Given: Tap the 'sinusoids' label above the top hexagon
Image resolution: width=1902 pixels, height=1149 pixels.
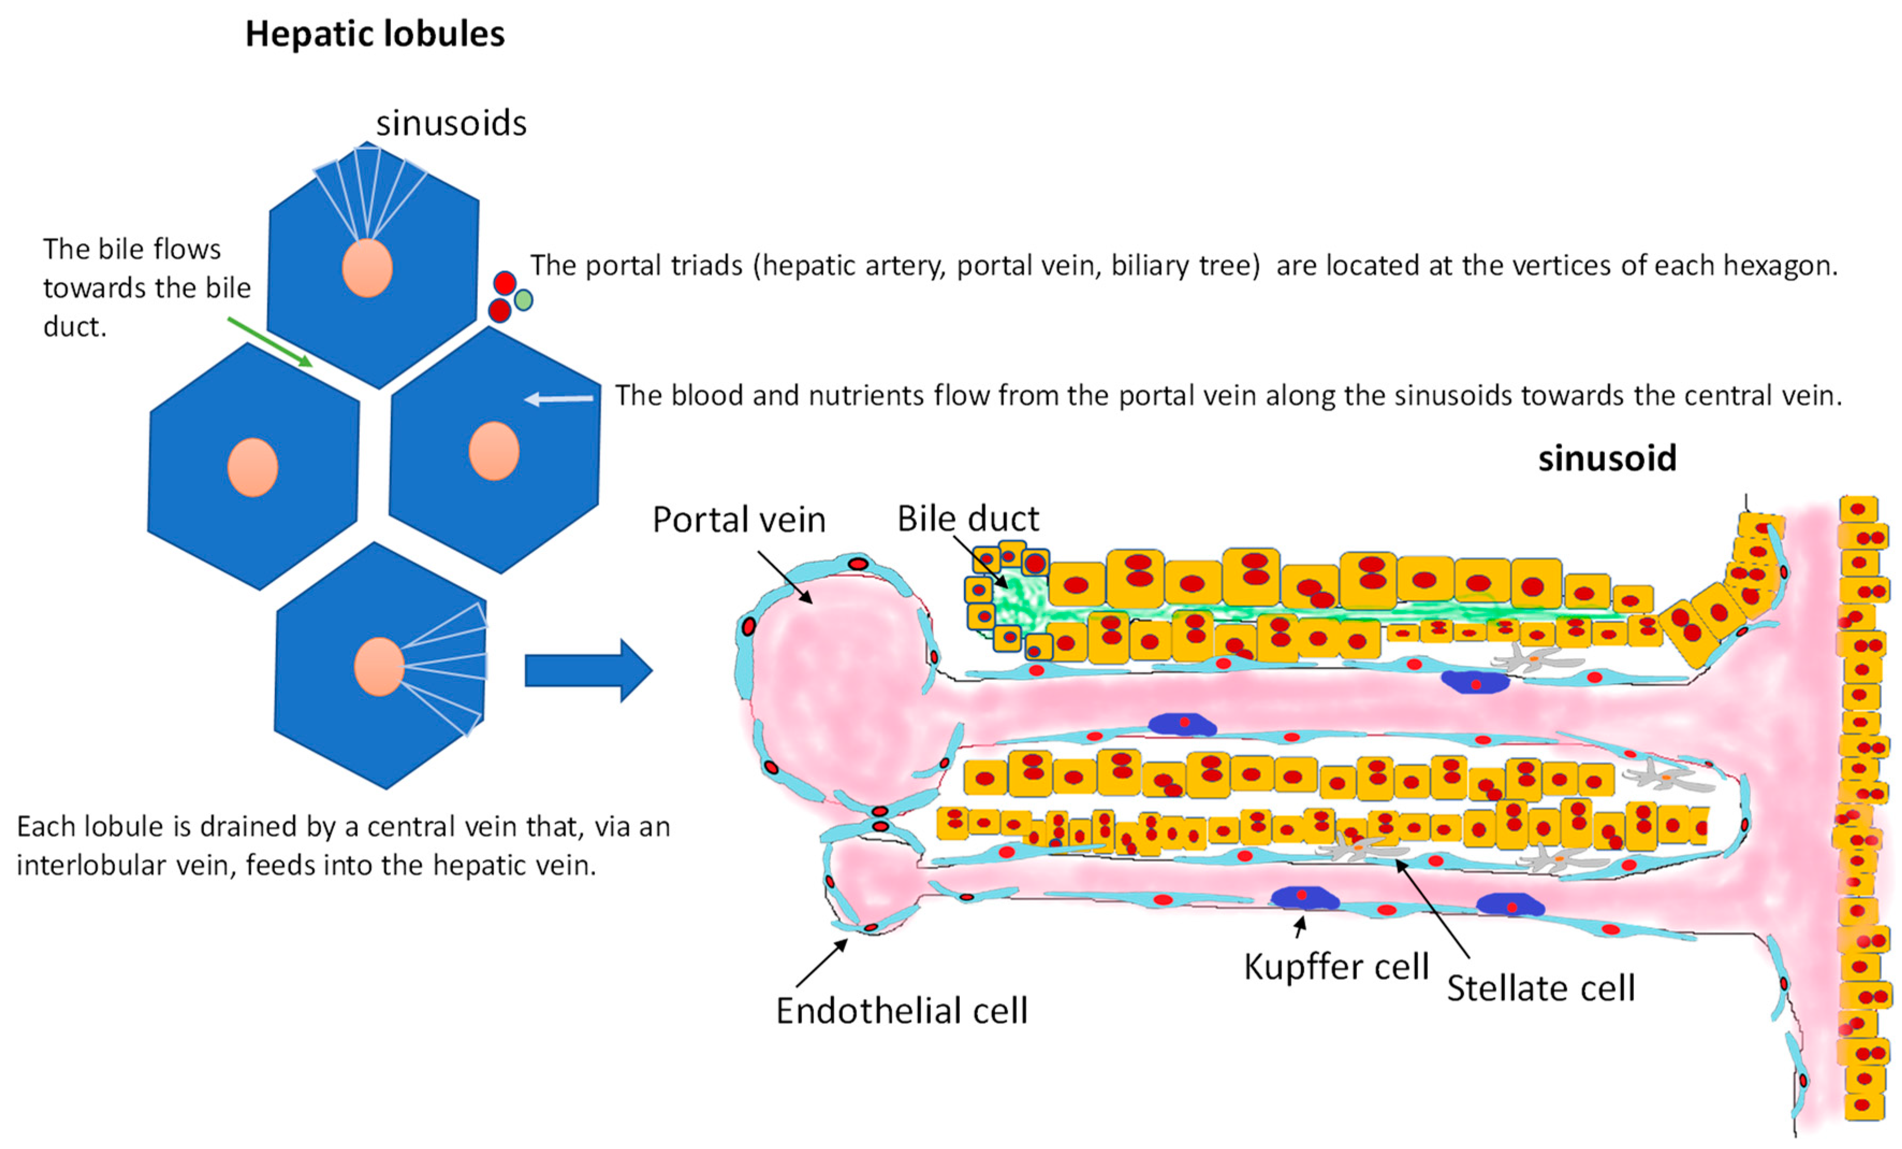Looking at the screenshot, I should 451,123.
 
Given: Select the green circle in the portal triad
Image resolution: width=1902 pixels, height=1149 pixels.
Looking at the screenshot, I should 523,300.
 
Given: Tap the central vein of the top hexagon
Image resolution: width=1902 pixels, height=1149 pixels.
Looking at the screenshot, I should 368,268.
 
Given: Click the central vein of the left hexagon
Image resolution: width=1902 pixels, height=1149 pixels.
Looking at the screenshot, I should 252,467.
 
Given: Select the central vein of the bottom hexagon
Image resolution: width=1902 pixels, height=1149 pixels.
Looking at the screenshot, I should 379,666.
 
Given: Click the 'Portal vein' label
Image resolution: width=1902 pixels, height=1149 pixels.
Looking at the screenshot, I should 738,520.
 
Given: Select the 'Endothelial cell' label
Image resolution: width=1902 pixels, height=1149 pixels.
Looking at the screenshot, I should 902,1011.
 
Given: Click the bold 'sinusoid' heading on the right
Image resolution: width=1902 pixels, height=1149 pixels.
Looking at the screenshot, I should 1607,458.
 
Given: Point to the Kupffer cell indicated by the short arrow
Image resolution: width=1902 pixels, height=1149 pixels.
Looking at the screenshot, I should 1304,897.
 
